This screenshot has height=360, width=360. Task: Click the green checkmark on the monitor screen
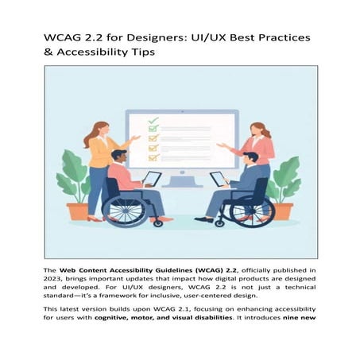click(153, 122)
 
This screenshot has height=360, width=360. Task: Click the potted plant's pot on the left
click(78, 211)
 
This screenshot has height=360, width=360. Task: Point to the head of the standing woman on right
click(258, 129)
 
